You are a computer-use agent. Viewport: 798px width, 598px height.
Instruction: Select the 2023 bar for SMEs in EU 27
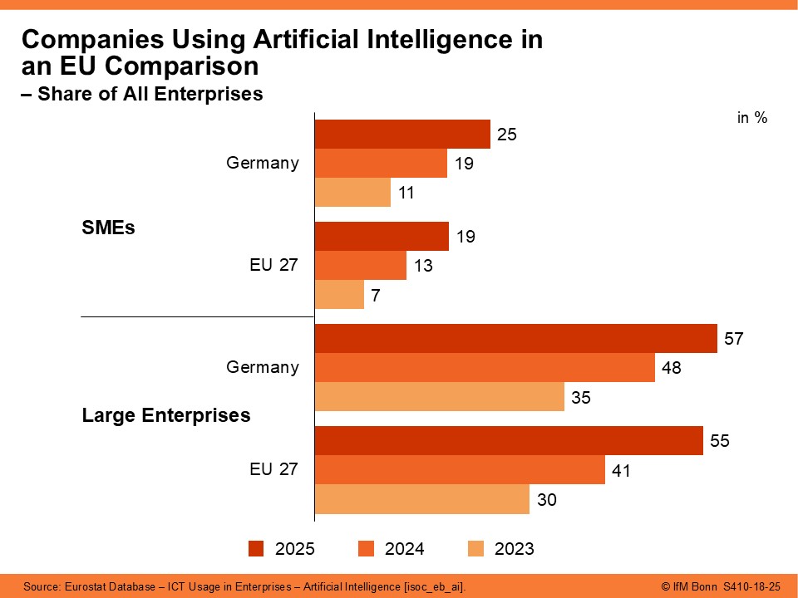click(x=339, y=294)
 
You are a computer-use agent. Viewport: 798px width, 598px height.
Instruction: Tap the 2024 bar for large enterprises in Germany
click(x=485, y=367)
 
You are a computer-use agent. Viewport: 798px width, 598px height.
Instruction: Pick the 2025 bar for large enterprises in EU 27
click(x=509, y=440)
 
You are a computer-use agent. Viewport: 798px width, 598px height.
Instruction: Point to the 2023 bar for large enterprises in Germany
click(x=440, y=396)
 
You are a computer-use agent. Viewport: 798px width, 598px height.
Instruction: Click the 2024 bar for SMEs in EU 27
click(x=361, y=266)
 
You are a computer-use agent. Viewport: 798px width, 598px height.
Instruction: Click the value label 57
click(x=733, y=339)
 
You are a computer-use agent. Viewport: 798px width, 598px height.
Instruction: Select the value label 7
click(x=377, y=295)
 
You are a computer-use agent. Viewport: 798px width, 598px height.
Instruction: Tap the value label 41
click(x=621, y=471)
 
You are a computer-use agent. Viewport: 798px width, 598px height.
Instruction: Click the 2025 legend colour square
click(x=256, y=549)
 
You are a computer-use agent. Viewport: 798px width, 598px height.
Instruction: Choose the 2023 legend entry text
click(x=514, y=549)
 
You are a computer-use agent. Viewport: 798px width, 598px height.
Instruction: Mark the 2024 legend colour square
click(x=366, y=549)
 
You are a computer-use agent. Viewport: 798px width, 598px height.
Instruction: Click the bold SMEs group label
click(x=108, y=228)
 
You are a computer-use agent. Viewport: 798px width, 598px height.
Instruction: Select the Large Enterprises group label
click(x=166, y=415)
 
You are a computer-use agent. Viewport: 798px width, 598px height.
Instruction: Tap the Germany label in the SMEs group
click(x=263, y=163)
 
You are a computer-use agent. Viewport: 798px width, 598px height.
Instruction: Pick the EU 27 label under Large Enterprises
click(x=274, y=469)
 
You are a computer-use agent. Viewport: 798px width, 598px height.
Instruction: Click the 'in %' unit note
click(x=752, y=118)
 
